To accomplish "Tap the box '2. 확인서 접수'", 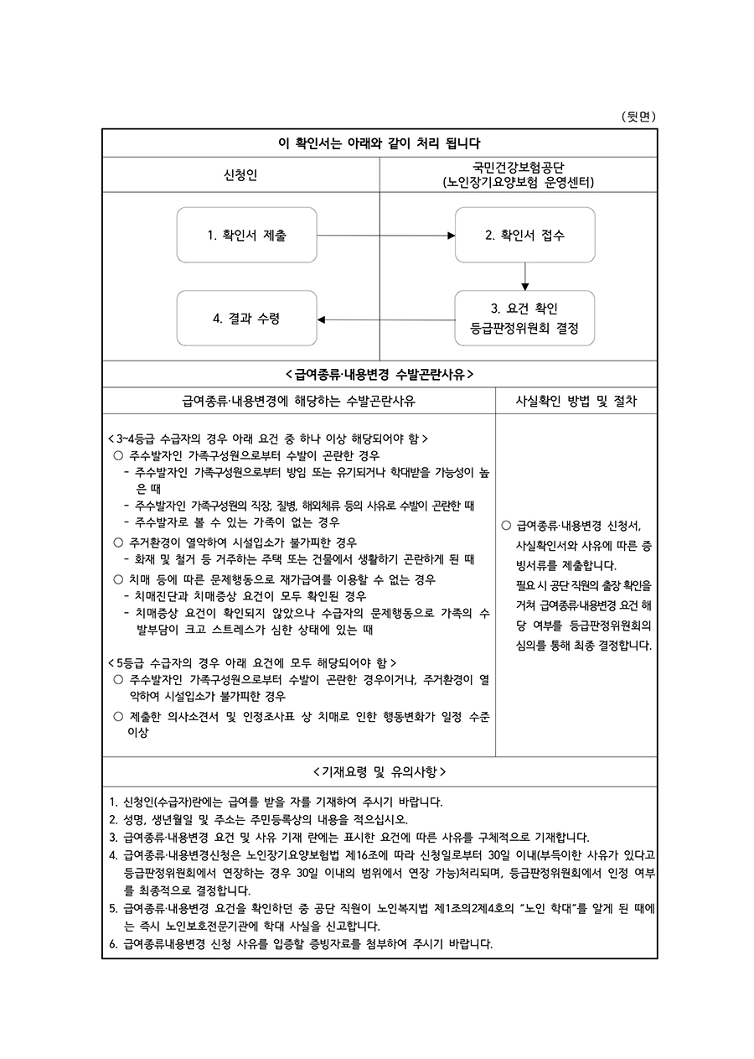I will [x=524, y=236].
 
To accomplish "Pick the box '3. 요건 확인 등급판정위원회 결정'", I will [x=524, y=318].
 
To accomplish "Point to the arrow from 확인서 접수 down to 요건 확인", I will [x=525, y=277].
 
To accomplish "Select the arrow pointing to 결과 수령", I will [x=385, y=319].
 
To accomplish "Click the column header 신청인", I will [x=240, y=174].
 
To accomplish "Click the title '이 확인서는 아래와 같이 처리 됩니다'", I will [x=380, y=143].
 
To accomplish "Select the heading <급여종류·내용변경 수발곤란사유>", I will [x=380, y=373].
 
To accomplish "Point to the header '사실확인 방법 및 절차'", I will [x=576, y=401].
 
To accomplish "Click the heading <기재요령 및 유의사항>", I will [x=380, y=771].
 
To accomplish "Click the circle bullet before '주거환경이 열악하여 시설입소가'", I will [x=118, y=542].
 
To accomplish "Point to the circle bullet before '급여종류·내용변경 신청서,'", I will [x=506, y=527].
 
